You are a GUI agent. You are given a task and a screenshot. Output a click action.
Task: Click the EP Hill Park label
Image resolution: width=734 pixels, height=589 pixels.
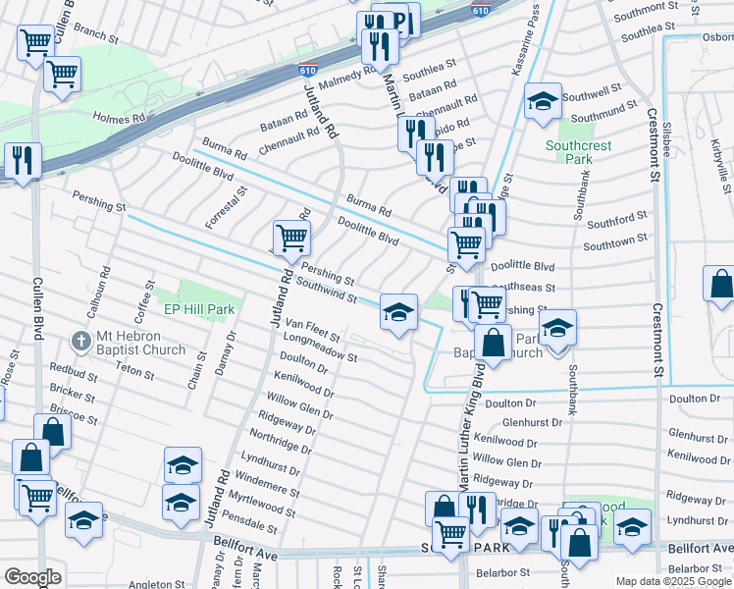point(198,308)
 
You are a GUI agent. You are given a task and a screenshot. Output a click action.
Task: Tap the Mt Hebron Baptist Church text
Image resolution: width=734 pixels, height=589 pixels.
point(140,343)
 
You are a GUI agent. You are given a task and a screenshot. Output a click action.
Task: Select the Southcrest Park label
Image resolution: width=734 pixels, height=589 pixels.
point(579,154)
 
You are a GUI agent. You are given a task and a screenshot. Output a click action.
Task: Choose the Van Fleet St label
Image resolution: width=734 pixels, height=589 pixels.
point(312,328)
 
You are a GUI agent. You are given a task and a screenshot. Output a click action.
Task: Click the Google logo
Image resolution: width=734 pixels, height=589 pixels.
point(32,576)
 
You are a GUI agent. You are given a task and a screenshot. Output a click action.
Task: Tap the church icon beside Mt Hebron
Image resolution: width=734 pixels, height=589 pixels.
point(81,342)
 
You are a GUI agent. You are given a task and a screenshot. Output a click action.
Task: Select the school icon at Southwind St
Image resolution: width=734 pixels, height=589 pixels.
point(397,313)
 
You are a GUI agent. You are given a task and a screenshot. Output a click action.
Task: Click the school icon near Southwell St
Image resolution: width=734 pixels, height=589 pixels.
point(542,101)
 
